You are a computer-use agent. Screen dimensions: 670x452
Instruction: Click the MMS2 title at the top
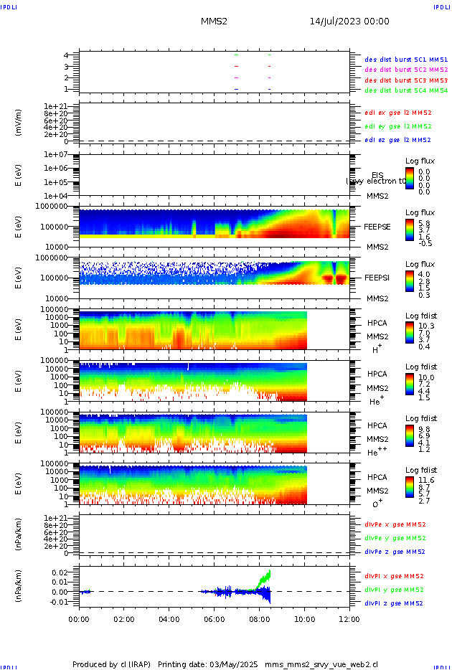[x=214, y=22]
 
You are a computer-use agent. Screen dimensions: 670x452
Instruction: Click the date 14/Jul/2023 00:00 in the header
[x=349, y=22]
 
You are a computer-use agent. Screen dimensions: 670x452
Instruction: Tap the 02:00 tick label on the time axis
[x=124, y=618]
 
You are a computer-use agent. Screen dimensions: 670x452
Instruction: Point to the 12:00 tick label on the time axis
[x=349, y=618]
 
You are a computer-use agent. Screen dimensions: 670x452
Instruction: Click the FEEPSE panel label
[x=377, y=226]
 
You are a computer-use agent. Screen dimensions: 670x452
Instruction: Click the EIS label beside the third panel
[x=377, y=175]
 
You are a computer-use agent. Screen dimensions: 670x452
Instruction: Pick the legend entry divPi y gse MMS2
[x=395, y=590]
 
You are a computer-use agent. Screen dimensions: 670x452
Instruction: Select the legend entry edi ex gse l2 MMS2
[x=398, y=113]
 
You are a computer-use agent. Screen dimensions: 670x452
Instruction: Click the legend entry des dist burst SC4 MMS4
[x=406, y=91]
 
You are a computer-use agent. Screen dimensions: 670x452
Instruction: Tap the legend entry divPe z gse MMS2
[x=395, y=552]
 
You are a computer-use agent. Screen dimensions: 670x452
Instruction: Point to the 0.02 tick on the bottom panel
[x=59, y=572]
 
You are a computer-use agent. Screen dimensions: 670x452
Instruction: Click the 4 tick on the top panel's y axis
[x=65, y=55]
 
